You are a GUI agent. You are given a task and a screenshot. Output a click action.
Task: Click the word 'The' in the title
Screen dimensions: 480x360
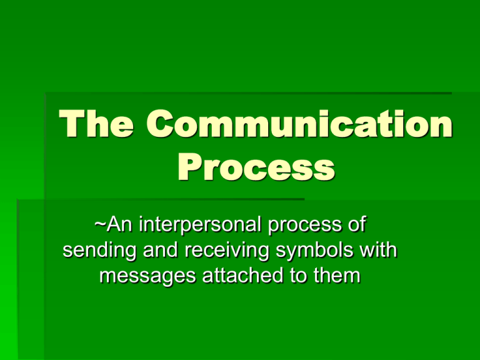click(x=96, y=123)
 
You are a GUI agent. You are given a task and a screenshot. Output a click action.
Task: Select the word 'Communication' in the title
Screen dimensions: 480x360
click(x=299, y=123)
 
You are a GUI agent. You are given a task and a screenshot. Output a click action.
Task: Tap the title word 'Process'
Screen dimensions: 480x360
click(x=256, y=167)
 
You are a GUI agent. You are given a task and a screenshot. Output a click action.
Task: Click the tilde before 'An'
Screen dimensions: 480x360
click(x=100, y=223)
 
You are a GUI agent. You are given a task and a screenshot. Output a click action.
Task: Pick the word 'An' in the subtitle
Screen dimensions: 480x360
click(x=119, y=224)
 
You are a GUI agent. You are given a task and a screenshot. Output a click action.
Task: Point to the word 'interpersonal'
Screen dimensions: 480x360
click(x=200, y=225)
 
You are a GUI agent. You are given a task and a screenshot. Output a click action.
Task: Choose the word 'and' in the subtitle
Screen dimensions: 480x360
click(x=161, y=250)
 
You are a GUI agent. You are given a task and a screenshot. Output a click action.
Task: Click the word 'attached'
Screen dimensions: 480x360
click(x=242, y=276)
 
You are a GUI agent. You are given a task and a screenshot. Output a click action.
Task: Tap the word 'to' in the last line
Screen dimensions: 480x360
click(x=299, y=276)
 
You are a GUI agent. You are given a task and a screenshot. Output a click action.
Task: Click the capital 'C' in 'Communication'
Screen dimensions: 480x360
click(x=160, y=123)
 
